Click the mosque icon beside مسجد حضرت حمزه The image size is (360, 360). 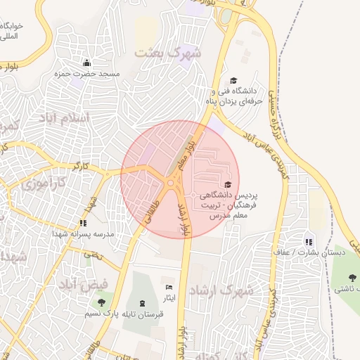86,63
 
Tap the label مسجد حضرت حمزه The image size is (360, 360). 99,74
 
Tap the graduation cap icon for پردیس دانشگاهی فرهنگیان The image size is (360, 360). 227,184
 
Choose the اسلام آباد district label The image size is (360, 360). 72,117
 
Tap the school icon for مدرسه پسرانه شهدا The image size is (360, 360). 83,223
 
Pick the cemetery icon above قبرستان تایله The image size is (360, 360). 143,303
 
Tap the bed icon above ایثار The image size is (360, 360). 168,288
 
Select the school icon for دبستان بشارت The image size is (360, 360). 309,242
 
